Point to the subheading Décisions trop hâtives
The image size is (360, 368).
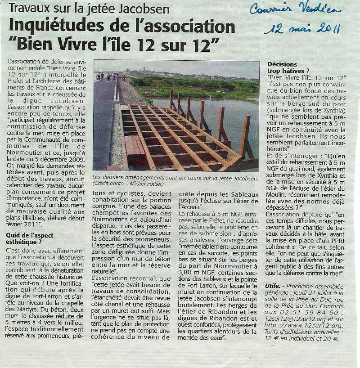click(x=288, y=67)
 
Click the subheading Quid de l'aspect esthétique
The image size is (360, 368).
click(x=30, y=238)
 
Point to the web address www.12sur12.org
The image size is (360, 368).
click(x=315, y=325)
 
